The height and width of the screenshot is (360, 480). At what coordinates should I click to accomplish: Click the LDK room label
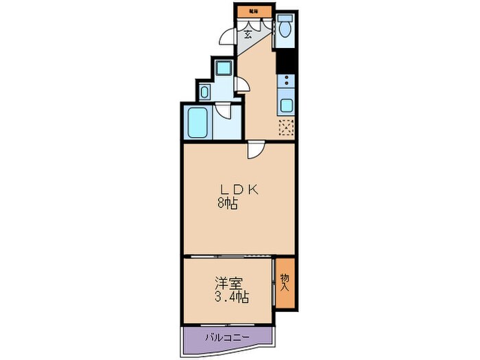coord(238,190)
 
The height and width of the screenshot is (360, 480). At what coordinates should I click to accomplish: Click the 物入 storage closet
coord(285,282)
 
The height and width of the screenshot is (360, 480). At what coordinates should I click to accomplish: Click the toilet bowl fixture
coord(285,29)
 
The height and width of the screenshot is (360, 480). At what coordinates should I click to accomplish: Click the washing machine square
coord(223,68)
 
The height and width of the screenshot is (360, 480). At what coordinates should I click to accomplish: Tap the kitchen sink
coord(286,106)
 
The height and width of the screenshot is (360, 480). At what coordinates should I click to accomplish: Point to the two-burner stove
coord(286,84)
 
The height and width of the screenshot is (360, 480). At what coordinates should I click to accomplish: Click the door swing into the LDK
coord(254,149)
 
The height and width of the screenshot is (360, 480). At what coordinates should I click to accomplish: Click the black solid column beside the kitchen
coord(286,61)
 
